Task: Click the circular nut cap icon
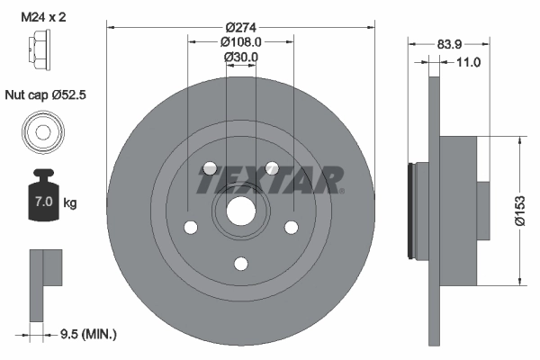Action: [x=42, y=132]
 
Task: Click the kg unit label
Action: [x=70, y=203]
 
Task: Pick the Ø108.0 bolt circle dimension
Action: [x=241, y=41]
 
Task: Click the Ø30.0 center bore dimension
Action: [x=241, y=57]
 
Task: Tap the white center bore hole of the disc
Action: [x=240, y=211]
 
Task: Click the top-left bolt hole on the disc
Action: [x=210, y=168]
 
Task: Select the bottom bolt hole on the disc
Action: [x=240, y=264]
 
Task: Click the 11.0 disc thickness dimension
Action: [x=469, y=62]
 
